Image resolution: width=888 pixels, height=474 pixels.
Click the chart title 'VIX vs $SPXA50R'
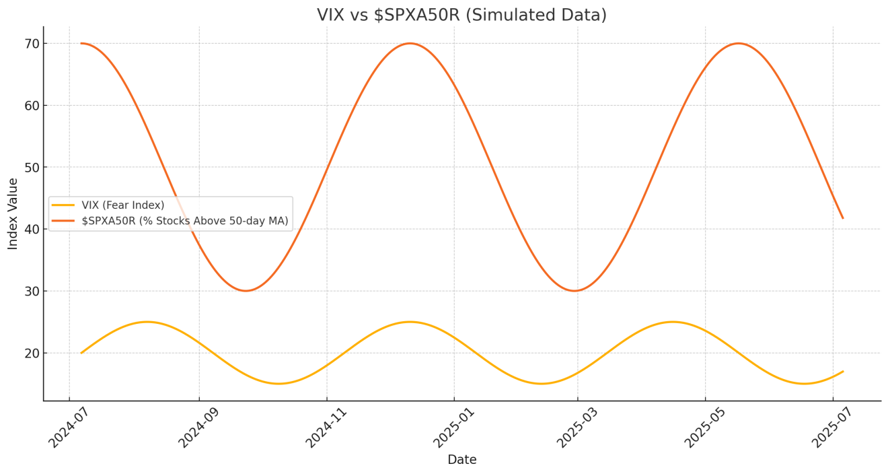click(461, 15)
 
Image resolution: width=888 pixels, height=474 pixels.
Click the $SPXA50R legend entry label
click(189, 221)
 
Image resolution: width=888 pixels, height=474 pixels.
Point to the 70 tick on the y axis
click(32, 44)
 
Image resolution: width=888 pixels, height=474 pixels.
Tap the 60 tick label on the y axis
click(32, 106)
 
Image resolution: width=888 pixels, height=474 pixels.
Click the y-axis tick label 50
click(32, 168)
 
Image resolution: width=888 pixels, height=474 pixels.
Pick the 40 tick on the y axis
click(32, 229)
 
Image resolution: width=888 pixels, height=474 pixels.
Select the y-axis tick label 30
click(32, 291)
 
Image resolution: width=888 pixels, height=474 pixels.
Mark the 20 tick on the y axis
click(32, 353)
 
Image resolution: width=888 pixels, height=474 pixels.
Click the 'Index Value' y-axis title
click(13, 213)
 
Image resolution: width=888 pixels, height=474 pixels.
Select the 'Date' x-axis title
click(461, 460)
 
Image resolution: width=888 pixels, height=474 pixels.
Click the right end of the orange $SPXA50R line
click(842, 217)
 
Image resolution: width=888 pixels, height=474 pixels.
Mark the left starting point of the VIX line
click(81, 353)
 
